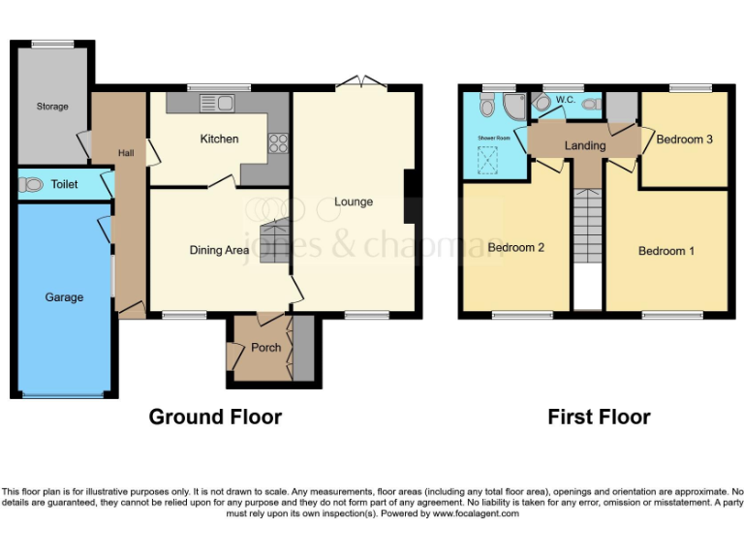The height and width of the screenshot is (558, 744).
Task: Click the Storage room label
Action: (x=52, y=107)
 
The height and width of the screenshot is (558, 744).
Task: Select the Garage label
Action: (x=64, y=297)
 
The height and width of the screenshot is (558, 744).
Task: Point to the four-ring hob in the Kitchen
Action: (x=279, y=142)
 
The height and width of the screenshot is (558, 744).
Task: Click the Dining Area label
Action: (x=218, y=250)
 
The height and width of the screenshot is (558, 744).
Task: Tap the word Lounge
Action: (x=354, y=201)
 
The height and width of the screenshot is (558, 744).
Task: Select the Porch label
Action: (x=265, y=348)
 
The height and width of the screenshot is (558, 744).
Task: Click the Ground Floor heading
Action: (x=215, y=418)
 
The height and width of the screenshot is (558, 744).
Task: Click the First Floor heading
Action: (x=599, y=418)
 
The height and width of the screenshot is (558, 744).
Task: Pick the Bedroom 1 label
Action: (x=666, y=252)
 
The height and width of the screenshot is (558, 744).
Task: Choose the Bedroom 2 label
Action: (x=515, y=248)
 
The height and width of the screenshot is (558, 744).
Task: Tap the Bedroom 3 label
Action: (x=685, y=139)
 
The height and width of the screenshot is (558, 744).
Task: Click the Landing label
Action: (x=585, y=146)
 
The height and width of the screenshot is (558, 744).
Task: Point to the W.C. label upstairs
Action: (x=566, y=100)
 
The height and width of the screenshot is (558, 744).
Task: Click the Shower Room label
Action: (x=493, y=139)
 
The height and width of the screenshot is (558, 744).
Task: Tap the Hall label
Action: (x=126, y=153)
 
